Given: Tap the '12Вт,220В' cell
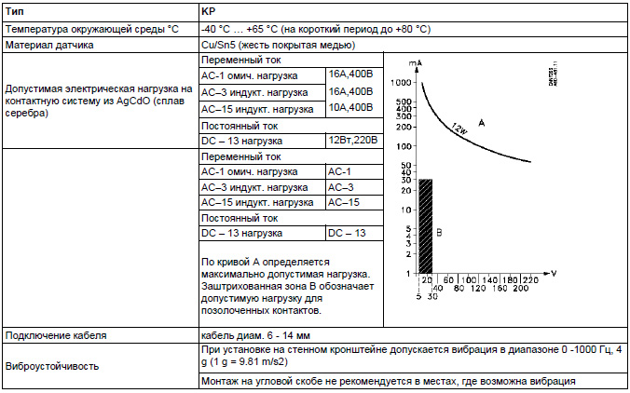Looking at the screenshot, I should [352, 140].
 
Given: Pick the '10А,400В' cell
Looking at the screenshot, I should [350, 108].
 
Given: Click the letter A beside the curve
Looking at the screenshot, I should [483, 122].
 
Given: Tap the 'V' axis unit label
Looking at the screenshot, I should [555, 273].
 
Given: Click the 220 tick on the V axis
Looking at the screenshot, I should [532, 279].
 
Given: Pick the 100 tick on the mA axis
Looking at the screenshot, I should [404, 146].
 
